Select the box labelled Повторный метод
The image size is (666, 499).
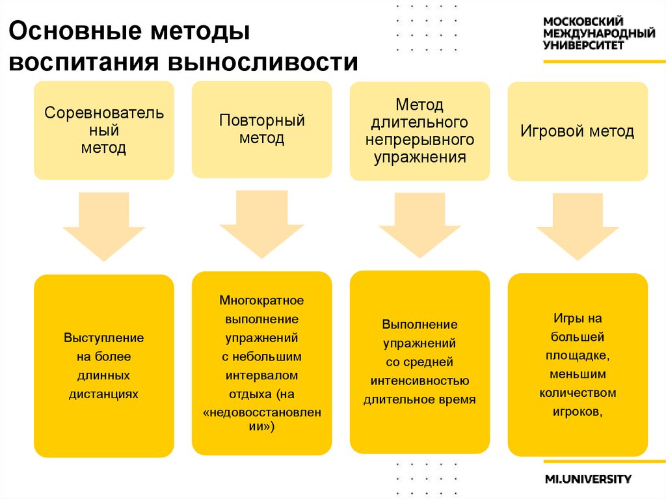coord(261,129)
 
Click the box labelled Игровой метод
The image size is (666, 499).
coord(577,131)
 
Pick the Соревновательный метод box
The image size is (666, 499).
coord(104,130)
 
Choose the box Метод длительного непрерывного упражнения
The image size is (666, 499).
coord(420,131)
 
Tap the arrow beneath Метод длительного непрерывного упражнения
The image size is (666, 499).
coord(420,224)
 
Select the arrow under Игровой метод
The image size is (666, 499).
coord(577,226)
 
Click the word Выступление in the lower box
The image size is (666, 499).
coord(103,338)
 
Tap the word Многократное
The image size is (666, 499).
coord(261,301)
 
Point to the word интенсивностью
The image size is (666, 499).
coord(420,381)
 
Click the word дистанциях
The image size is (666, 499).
coord(103,394)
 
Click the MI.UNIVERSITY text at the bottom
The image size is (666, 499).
coord(587,479)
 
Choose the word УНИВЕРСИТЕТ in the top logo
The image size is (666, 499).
coord(583,45)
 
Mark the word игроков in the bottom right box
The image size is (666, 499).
coord(577,412)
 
